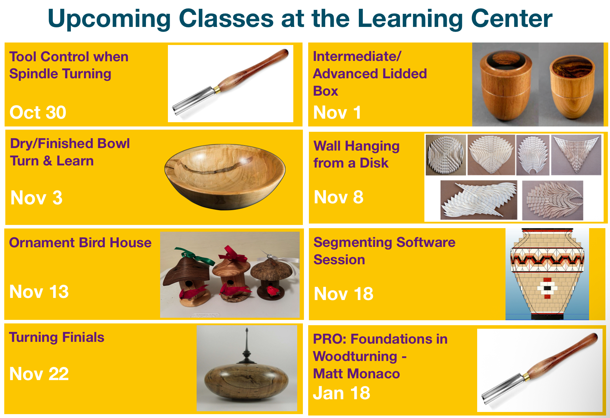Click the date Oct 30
point(38,112)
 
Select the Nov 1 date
point(337,113)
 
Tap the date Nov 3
point(36,198)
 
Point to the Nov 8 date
point(339,197)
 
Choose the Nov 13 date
point(39,292)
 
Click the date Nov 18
point(344,294)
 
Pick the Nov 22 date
point(39,374)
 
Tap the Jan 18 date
point(341,393)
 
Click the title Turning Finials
point(57,337)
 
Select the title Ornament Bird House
point(80,243)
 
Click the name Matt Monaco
point(356,374)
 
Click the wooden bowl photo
point(225,176)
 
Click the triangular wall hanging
point(576,154)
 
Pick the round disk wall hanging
point(446,155)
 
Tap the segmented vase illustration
point(547,274)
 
